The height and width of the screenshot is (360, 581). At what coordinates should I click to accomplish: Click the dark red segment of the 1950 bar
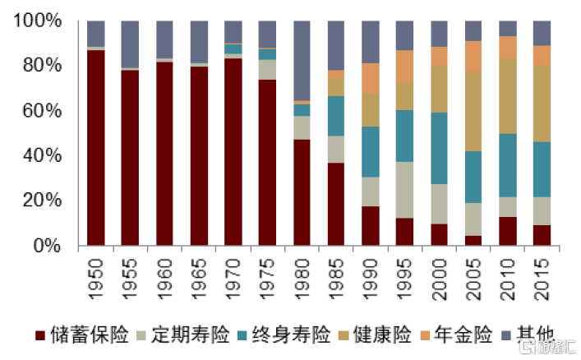[96, 148]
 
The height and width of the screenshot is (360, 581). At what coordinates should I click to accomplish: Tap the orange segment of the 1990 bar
[370, 78]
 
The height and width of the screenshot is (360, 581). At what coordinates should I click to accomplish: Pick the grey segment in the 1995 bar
[404, 190]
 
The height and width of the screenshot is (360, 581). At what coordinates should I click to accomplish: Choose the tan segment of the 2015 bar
[542, 104]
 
